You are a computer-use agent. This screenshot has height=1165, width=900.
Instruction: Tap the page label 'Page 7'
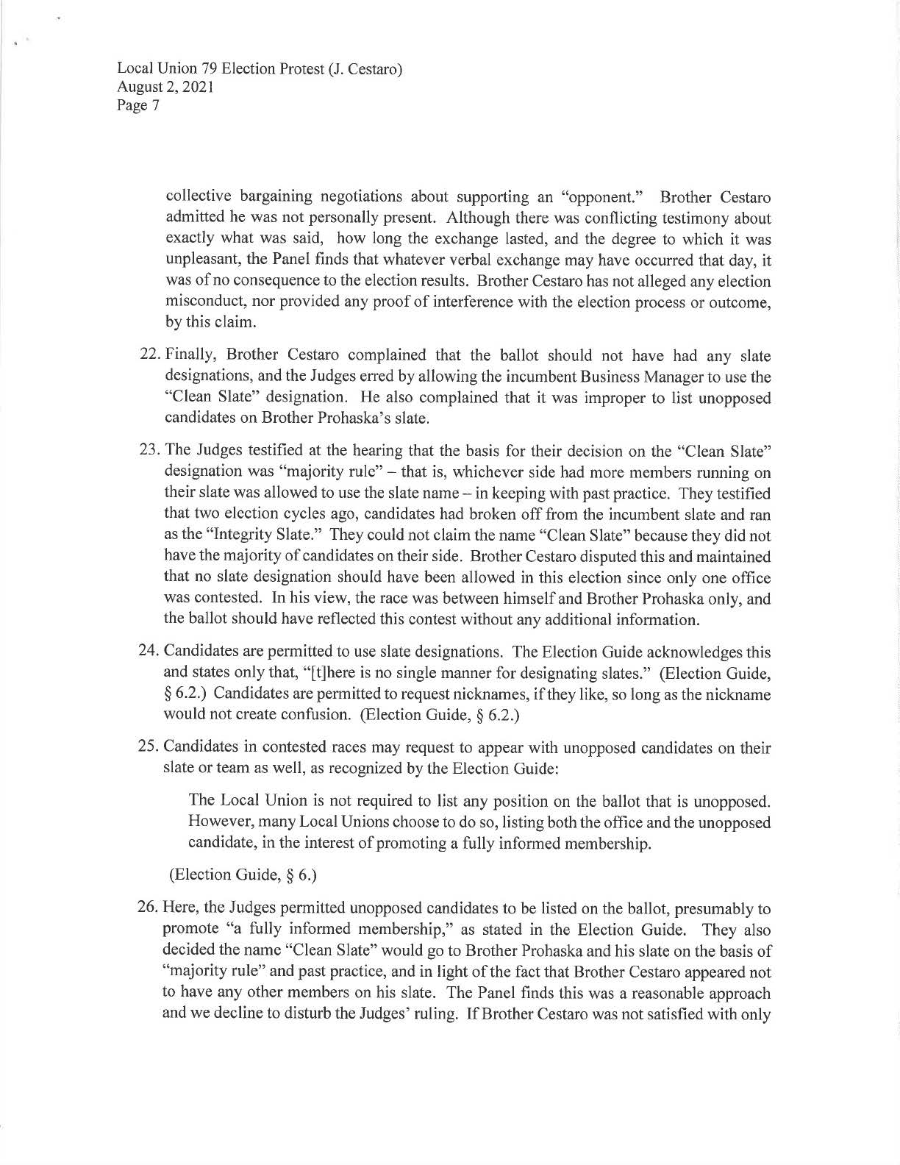pyautogui.click(x=135, y=105)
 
